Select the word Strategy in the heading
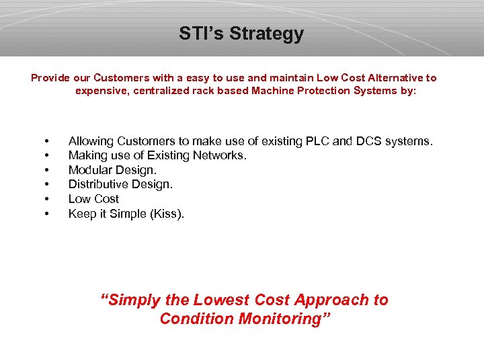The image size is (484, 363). point(267,34)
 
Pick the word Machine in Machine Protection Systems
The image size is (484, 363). point(272,91)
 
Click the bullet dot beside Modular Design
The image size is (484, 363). point(46,171)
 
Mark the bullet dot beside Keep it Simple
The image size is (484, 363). point(46,214)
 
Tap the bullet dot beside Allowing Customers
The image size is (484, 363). point(46,142)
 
